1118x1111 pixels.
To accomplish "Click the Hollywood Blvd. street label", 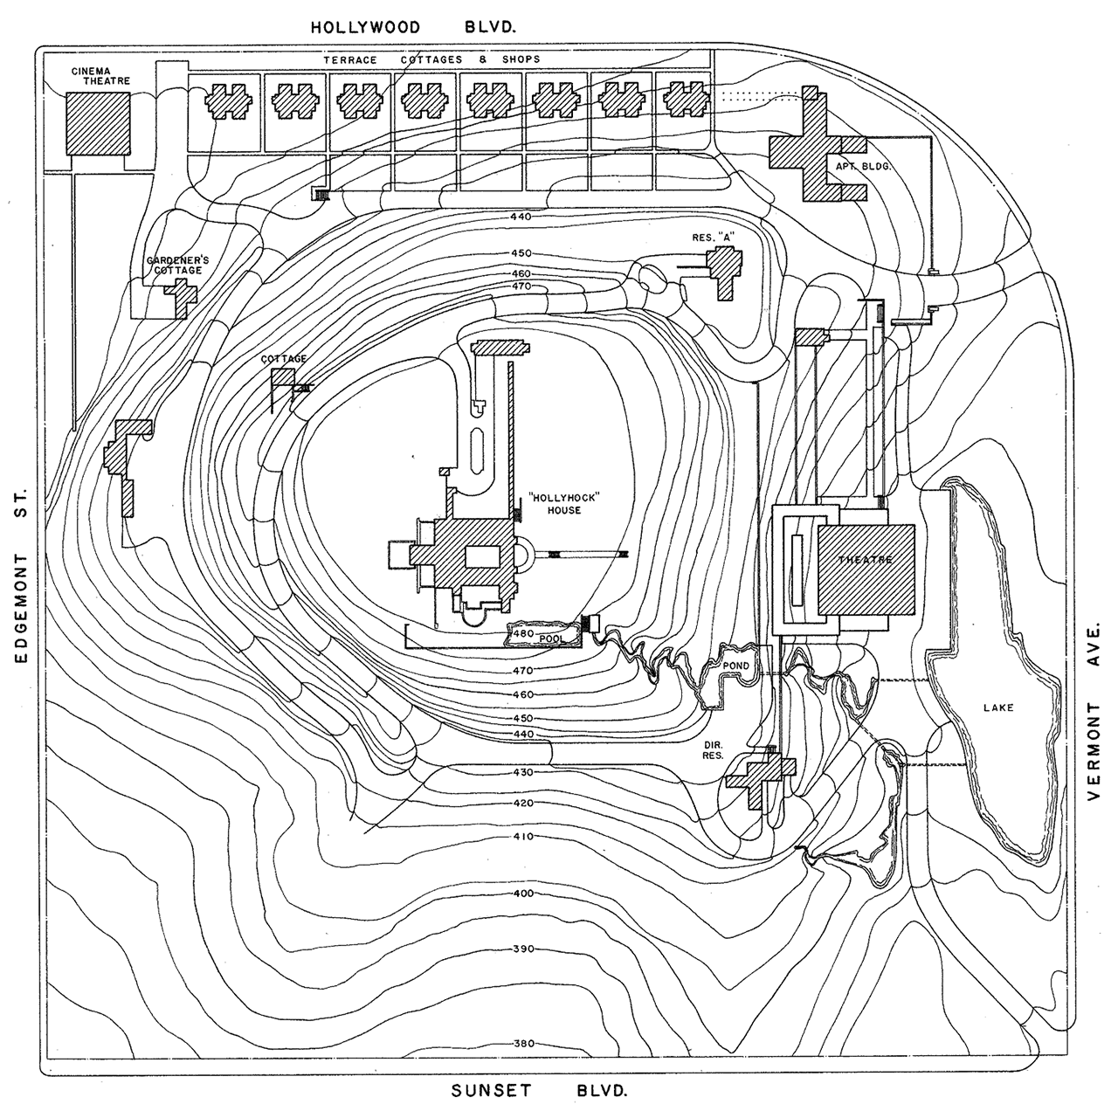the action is click(x=414, y=27).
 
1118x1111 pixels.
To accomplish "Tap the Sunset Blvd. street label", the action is click(x=540, y=1091).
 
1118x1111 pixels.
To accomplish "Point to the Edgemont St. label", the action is click(x=21, y=576).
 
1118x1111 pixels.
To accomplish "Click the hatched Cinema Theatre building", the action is click(x=98, y=124).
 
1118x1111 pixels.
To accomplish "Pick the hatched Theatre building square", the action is click(x=866, y=569).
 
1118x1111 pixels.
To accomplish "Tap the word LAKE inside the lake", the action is click(x=998, y=707).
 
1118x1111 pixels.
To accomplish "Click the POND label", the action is click(x=735, y=666).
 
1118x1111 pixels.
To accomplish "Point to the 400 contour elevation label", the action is click(x=524, y=894).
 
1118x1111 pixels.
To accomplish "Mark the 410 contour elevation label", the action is click(x=524, y=837).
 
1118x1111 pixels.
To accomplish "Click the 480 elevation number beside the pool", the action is click(x=522, y=633).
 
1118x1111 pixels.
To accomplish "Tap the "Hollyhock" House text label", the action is click(x=564, y=504).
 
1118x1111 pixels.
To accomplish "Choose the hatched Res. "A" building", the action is click(x=725, y=271).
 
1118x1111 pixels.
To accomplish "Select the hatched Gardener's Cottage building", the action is click(x=181, y=297).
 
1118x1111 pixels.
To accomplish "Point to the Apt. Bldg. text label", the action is click(x=863, y=166).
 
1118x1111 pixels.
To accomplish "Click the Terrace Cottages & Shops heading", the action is click(x=431, y=59).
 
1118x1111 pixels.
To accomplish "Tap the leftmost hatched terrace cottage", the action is click(x=228, y=101).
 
